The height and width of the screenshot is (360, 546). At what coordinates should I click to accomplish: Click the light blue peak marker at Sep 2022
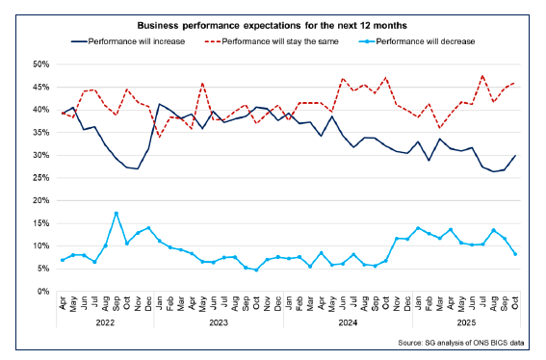coord(117,213)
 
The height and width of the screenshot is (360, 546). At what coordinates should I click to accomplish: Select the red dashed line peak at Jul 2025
coord(481,76)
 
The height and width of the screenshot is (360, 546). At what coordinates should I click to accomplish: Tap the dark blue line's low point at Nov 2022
coord(138,168)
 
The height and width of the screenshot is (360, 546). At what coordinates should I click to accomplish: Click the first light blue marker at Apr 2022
coord(63,260)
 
